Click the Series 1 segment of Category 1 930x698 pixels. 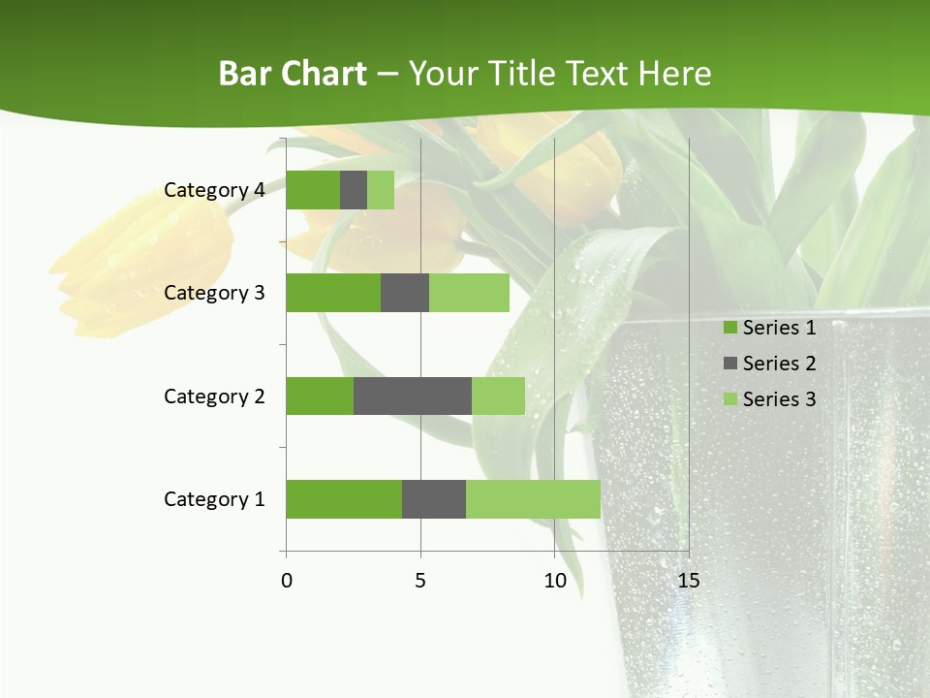[x=344, y=499]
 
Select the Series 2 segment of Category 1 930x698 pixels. [x=434, y=499]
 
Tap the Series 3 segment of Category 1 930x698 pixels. [x=533, y=499]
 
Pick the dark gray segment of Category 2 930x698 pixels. [x=413, y=396]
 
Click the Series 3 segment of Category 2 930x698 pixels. [x=498, y=396]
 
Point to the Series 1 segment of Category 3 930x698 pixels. [x=333, y=293]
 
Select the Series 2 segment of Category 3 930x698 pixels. [x=405, y=293]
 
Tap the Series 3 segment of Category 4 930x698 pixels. [x=381, y=190]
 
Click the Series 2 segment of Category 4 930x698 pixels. [x=354, y=190]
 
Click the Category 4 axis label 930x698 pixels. [x=214, y=190]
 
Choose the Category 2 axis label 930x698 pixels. [x=214, y=396]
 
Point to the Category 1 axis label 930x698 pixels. [x=214, y=499]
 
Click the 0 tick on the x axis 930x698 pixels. [x=287, y=581]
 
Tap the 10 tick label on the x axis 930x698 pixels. [x=554, y=581]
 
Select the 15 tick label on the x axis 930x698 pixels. [x=689, y=581]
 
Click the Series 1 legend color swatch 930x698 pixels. [x=729, y=328]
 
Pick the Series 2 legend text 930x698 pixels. [x=779, y=364]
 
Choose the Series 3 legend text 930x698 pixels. [x=779, y=399]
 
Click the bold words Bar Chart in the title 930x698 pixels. [x=293, y=74]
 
